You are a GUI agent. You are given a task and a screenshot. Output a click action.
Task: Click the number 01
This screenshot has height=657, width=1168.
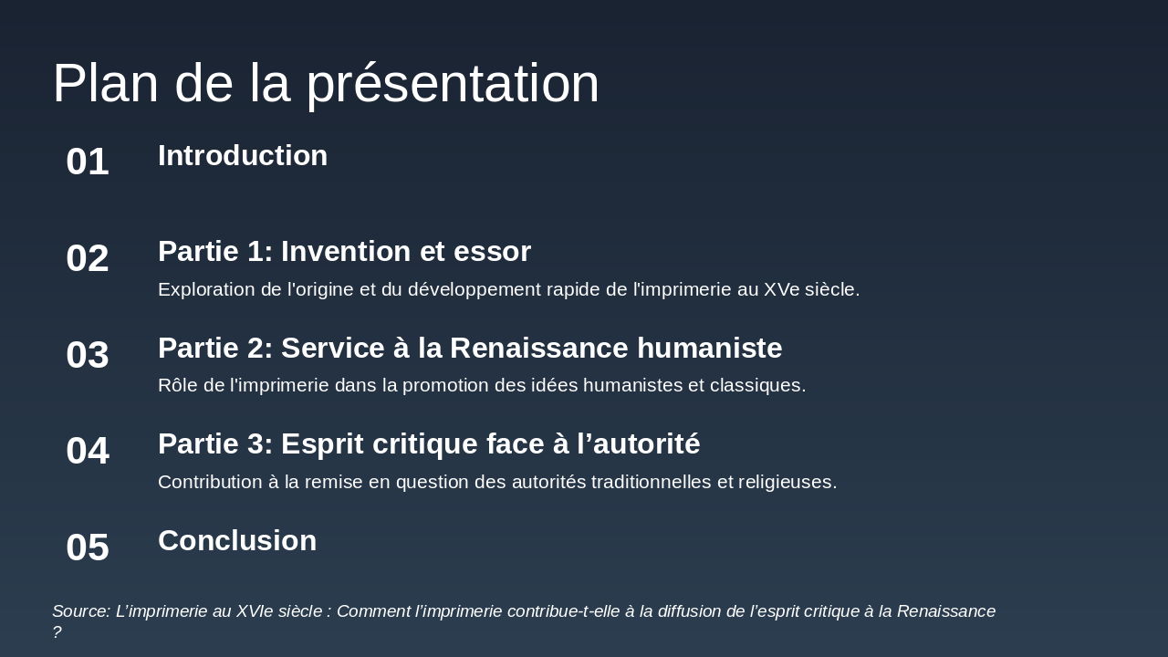88,162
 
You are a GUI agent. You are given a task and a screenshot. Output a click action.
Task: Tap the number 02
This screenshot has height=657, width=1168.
88,258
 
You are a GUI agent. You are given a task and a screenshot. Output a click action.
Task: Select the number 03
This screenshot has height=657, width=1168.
88,355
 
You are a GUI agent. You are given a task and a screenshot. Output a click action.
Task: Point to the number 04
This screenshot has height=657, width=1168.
88,451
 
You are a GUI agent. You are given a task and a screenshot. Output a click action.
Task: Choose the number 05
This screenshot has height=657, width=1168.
88,547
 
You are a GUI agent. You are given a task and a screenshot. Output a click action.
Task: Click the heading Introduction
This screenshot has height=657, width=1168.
243,156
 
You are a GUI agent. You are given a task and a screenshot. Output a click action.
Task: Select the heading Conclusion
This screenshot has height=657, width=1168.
237,541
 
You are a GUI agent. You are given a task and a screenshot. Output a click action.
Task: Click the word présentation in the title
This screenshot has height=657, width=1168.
453,84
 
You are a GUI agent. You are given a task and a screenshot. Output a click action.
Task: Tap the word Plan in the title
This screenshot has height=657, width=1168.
105,84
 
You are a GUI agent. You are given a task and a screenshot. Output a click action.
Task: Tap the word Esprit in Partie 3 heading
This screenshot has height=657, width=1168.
323,444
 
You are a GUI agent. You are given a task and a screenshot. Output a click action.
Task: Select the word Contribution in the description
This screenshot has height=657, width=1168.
210,482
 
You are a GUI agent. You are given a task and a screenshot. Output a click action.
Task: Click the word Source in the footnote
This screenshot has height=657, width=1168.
81,611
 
